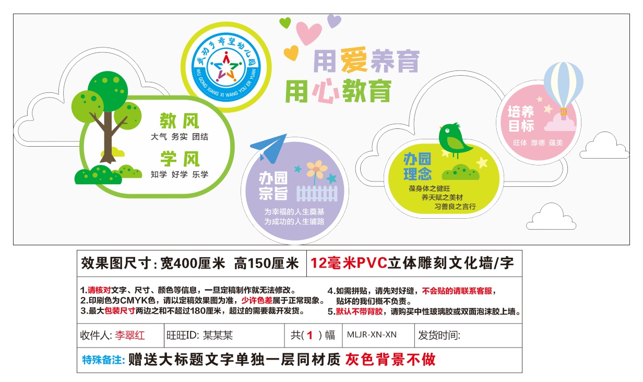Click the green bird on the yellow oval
pos(454,140)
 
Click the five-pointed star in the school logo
pos(226,67)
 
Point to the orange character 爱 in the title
pos(354,59)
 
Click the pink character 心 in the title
pos(325,91)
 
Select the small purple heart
pos(334,21)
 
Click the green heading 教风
pos(180,121)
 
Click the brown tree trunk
pos(108,136)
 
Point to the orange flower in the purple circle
pos(316,169)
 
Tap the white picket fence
pos(317,193)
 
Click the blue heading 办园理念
pos(418,166)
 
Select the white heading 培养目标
pos(521,119)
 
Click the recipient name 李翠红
pos(130,335)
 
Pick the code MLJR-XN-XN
pos(372,335)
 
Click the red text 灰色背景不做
pos(390,360)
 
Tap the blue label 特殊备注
pos(103,360)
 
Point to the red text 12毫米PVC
pos(349,263)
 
